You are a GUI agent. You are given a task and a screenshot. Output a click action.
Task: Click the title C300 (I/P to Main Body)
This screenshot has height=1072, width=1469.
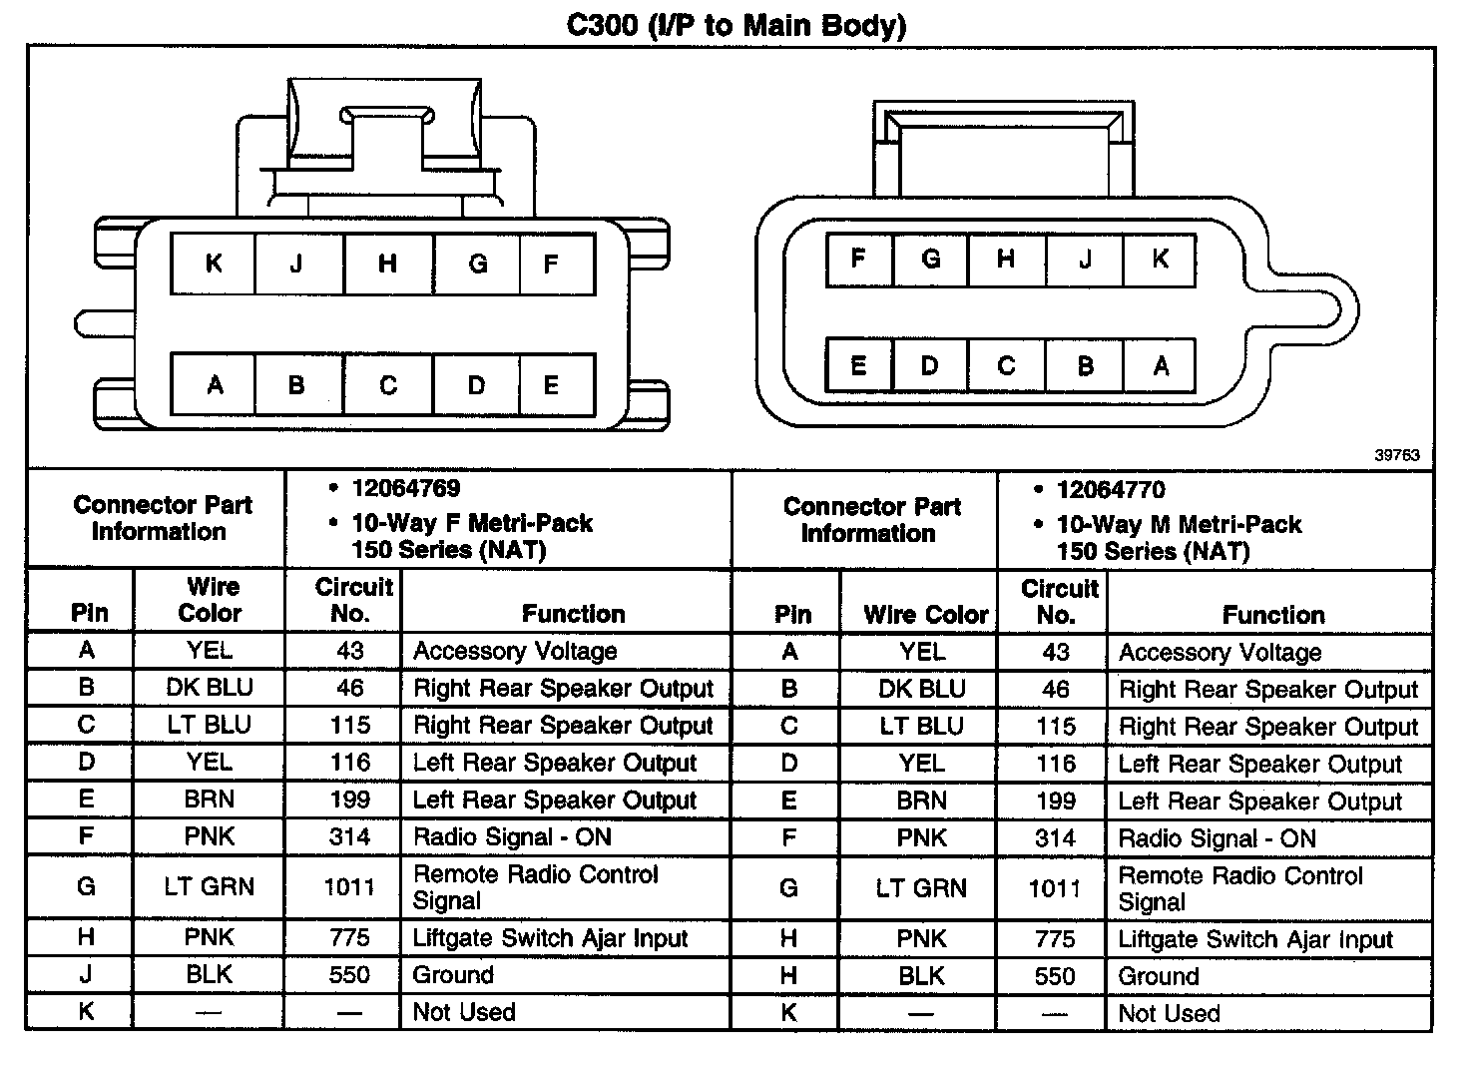pyautogui.click(x=735, y=24)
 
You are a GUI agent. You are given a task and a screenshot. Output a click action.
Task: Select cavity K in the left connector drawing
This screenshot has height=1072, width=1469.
pyautogui.click(x=214, y=264)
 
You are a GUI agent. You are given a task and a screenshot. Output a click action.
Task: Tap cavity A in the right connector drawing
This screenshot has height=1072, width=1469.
pyautogui.click(x=1161, y=366)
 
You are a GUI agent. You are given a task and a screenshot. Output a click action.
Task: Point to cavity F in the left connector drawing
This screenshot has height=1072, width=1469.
pyautogui.click(x=551, y=265)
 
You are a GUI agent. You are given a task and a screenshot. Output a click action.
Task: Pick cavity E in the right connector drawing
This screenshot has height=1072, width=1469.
pyautogui.click(x=858, y=365)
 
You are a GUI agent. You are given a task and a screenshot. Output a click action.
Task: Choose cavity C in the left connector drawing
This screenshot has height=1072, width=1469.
pyautogui.click(x=388, y=385)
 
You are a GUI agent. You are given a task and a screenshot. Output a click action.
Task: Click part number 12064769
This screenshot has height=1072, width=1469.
pyautogui.click(x=406, y=488)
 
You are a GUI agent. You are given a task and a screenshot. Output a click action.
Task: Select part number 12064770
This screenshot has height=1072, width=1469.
pyautogui.click(x=1111, y=490)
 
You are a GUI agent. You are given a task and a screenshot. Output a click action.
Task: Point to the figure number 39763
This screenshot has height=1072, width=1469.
pyautogui.click(x=1397, y=455)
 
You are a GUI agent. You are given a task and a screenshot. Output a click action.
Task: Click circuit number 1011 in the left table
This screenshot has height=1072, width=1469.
pyautogui.click(x=349, y=887)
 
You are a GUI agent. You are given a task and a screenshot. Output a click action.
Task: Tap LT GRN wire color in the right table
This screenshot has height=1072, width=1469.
pyautogui.click(x=921, y=888)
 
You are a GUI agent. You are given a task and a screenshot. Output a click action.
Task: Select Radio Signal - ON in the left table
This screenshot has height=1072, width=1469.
pyautogui.click(x=512, y=837)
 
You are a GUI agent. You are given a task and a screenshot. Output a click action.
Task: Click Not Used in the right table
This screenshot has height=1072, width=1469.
pyautogui.click(x=1169, y=1014)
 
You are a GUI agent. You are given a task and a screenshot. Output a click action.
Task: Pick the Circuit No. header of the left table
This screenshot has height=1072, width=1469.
pyautogui.click(x=354, y=600)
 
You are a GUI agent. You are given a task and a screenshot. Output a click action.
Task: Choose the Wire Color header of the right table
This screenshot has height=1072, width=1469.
pyautogui.click(x=925, y=615)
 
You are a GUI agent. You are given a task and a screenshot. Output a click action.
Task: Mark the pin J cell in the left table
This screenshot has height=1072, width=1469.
pyautogui.click(x=86, y=974)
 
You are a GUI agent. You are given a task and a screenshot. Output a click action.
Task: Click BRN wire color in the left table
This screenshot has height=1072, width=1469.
pyautogui.click(x=210, y=800)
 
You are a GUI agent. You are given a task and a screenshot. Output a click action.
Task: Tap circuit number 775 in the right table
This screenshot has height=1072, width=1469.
pyautogui.click(x=1055, y=939)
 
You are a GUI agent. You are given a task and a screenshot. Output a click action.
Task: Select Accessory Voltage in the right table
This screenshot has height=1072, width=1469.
pyautogui.click(x=1220, y=653)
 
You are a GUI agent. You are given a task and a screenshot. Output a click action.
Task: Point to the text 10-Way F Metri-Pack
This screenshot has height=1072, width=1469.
pyautogui.click(x=472, y=523)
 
